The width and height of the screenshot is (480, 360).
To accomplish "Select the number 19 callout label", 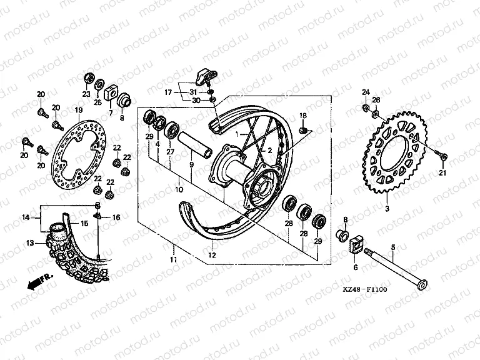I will tap(79, 110).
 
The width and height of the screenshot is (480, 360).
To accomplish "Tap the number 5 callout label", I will tap(393, 248).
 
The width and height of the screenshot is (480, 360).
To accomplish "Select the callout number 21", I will tap(442, 172).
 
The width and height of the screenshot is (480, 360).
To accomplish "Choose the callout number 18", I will tap(303, 116).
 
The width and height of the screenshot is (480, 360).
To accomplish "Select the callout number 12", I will tap(212, 256).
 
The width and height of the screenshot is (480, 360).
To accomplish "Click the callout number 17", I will tap(168, 92).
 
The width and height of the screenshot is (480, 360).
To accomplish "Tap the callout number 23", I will tap(86, 94).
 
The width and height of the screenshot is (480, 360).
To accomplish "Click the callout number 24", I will tap(366, 92).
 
